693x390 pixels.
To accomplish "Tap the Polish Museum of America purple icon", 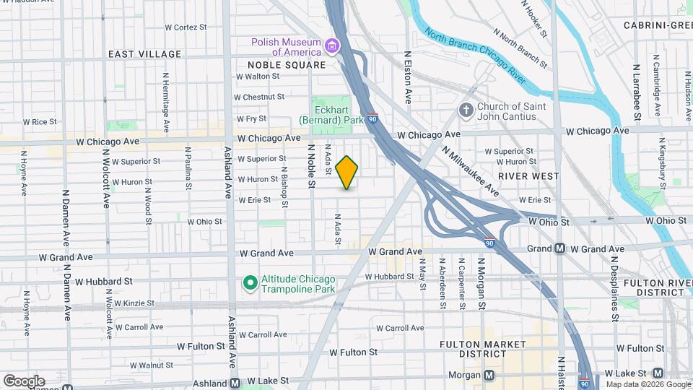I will click(332, 47).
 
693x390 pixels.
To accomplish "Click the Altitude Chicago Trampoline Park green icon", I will click(250, 282).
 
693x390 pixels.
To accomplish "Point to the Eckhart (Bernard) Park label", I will click(332, 116).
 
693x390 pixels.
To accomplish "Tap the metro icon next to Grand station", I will click(559, 248).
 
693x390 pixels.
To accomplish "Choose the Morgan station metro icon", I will click(489, 375).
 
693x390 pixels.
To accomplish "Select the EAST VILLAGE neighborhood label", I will click(144, 54).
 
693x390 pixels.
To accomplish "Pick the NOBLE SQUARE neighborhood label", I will click(282, 65).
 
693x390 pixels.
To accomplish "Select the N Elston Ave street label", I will click(408, 77).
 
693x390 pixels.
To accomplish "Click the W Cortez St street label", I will click(186, 27).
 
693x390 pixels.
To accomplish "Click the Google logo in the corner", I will click(24, 381).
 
